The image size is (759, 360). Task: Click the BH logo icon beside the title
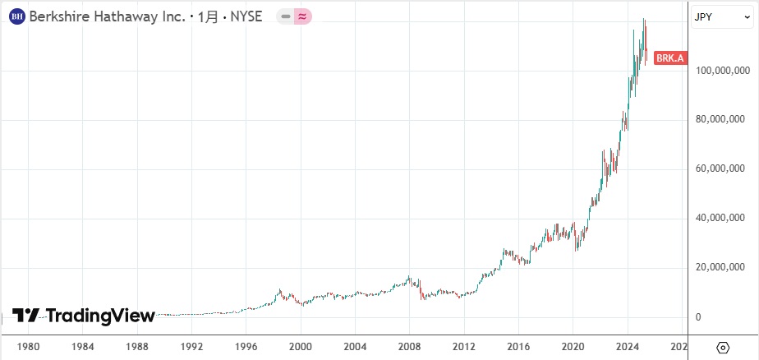pyautogui.click(x=16, y=16)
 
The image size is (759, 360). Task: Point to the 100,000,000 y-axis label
pyautogui.click(x=720, y=72)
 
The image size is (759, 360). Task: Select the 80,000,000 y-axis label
pyautogui.click(x=720, y=120)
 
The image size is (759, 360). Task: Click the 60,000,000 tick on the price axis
pyautogui.click(x=720, y=169)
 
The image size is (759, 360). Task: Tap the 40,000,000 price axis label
pyautogui.click(x=720, y=219)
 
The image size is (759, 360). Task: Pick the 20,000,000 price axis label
pyautogui.click(x=720, y=268)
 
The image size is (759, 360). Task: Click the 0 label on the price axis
pyautogui.click(x=698, y=317)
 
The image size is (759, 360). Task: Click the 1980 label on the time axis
pyautogui.click(x=29, y=347)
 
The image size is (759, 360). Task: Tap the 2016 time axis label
pyautogui.click(x=518, y=347)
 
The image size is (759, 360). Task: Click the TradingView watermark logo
pyautogui.click(x=85, y=316)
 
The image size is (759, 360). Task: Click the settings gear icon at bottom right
pyautogui.click(x=723, y=347)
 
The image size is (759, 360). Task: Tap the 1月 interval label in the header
pyautogui.click(x=206, y=16)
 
